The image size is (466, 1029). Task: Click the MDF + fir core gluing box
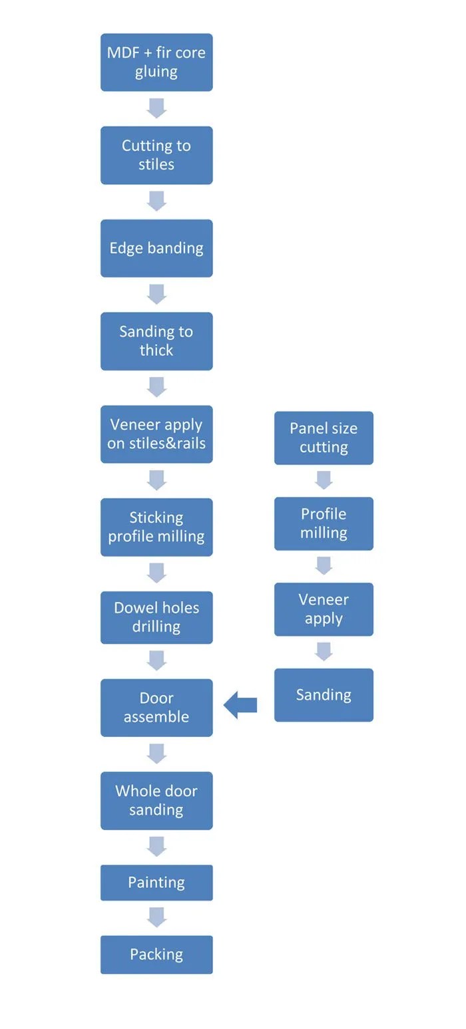[156, 62]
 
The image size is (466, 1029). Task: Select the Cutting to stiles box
[156, 155]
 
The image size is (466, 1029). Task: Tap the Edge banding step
[156, 248]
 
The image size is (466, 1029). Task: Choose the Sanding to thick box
[156, 341]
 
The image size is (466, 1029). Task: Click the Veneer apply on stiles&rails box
[156, 434]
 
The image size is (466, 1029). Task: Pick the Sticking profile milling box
[156, 527]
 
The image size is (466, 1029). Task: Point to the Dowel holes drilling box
[156, 617]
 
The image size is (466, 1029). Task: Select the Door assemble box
[156, 707]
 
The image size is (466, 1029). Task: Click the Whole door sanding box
[156, 800]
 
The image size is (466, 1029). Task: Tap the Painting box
[156, 883]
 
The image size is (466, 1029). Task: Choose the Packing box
[156, 955]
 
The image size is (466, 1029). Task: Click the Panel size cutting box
[324, 438]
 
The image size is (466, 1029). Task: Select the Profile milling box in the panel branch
[324, 523]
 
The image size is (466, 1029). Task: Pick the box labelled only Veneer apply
[324, 609]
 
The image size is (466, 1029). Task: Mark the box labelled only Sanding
[324, 695]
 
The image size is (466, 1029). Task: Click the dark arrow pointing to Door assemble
[240, 705]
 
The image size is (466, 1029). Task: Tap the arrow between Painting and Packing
[156, 918]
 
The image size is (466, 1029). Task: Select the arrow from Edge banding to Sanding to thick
[156, 294]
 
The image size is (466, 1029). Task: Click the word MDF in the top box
[124, 53]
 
